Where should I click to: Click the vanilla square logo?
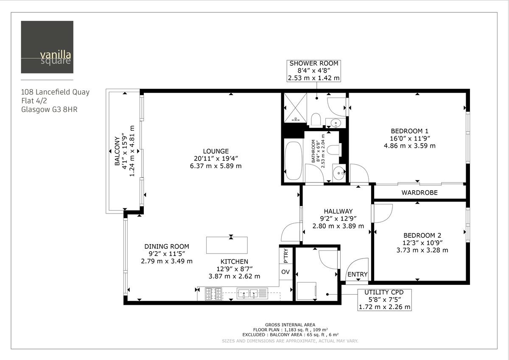[x=47, y=47]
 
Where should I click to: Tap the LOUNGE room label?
[x=215, y=151]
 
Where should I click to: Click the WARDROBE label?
[x=420, y=193]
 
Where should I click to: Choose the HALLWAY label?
[x=338, y=211]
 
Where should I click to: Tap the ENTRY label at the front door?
[x=358, y=275]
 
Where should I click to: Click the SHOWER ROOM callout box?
[x=314, y=70]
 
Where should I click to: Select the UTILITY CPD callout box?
[x=385, y=299]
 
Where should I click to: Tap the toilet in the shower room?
[x=316, y=119]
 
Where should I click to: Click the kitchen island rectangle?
[x=227, y=245]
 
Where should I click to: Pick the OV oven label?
[x=285, y=272]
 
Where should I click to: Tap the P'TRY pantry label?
[x=285, y=256]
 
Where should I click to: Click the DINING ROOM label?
[x=167, y=246]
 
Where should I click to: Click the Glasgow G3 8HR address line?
[x=49, y=109]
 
